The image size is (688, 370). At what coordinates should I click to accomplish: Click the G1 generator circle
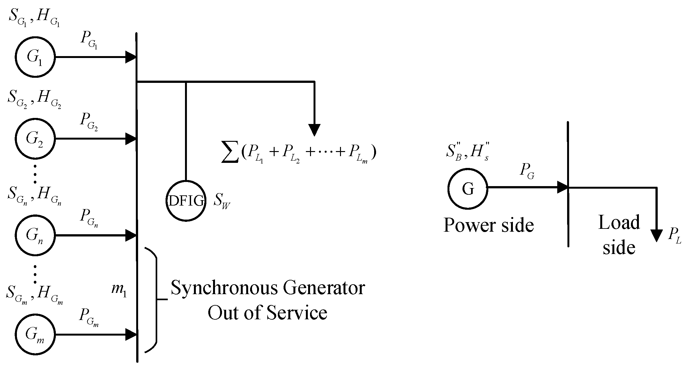click(x=35, y=57)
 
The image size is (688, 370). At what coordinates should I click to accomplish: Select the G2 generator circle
click(x=35, y=139)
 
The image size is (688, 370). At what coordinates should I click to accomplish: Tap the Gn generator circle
click(x=35, y=236)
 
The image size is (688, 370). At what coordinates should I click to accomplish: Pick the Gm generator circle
click(x=35, y=335)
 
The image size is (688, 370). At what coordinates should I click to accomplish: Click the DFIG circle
click(x=186, y=201)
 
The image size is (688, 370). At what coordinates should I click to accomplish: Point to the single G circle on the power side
click(x=468, y=189)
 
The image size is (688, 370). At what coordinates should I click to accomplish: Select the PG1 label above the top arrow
click(x=89, y=40)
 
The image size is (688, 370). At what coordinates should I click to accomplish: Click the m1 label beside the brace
click(x=119, y=290)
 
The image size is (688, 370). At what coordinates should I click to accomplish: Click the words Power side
click(x=488, y=226)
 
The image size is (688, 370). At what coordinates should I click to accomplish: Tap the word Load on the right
click(x=619, y=222)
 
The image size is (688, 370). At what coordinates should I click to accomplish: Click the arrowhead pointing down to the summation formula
click(x=314, y=130)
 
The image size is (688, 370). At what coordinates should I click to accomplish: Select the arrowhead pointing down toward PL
click(x=656, y=236)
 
